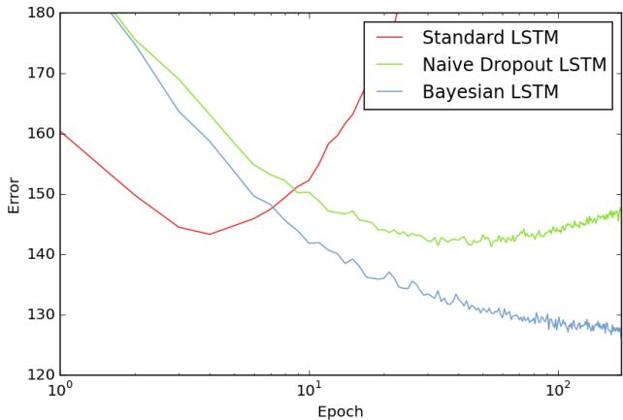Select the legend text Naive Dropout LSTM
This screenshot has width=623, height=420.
[x=514, y=66]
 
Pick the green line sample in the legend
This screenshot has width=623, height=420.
[x=389, y=66]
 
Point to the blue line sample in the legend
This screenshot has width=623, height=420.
[x=389, y=93]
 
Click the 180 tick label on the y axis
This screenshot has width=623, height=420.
[x=39, y=14]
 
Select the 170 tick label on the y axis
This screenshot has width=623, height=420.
[x=39, y=74]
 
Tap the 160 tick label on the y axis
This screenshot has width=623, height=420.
[x=39, y=134]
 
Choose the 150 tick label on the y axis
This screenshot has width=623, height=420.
[x=39, y=194]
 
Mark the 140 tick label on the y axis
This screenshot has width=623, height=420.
[x=39, y=254]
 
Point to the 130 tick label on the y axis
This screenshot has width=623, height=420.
[x=39, y=314]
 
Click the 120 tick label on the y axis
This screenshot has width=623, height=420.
[x=39, y=374]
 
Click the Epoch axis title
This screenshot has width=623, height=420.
[x=340, y=411]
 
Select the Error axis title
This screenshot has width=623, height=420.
[x=13, y=194]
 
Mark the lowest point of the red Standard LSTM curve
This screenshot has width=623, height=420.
[x=210, y=234]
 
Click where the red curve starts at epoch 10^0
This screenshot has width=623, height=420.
[x=60, y=131]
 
